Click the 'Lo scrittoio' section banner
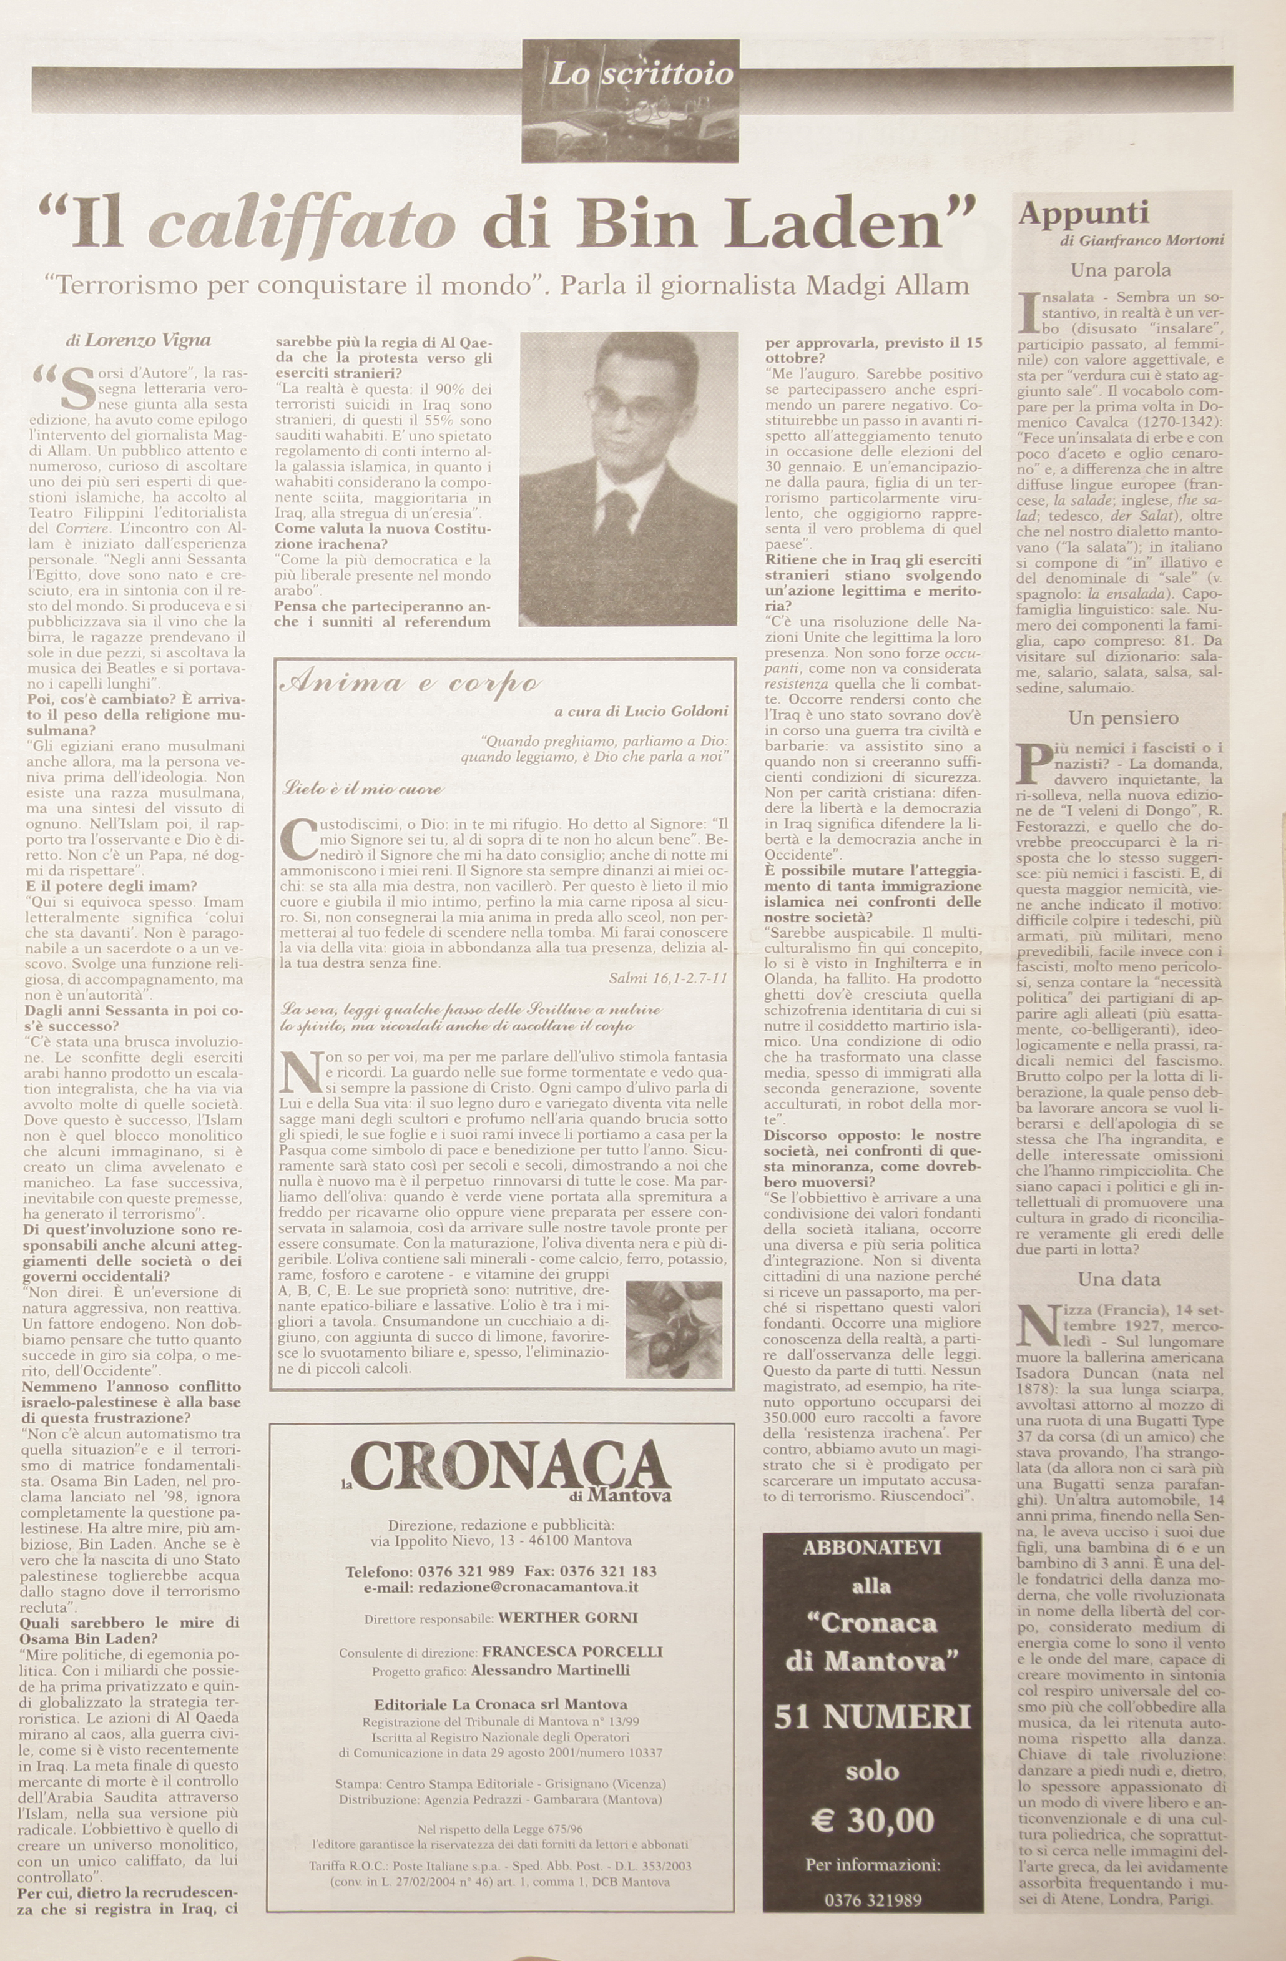coord(640,75)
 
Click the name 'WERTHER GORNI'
coord(567,1618)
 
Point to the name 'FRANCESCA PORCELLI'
coord(572,1652)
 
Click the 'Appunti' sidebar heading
coord(1072,214)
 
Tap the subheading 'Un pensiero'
coord(1123,719)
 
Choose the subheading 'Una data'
coord(1119,1280)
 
